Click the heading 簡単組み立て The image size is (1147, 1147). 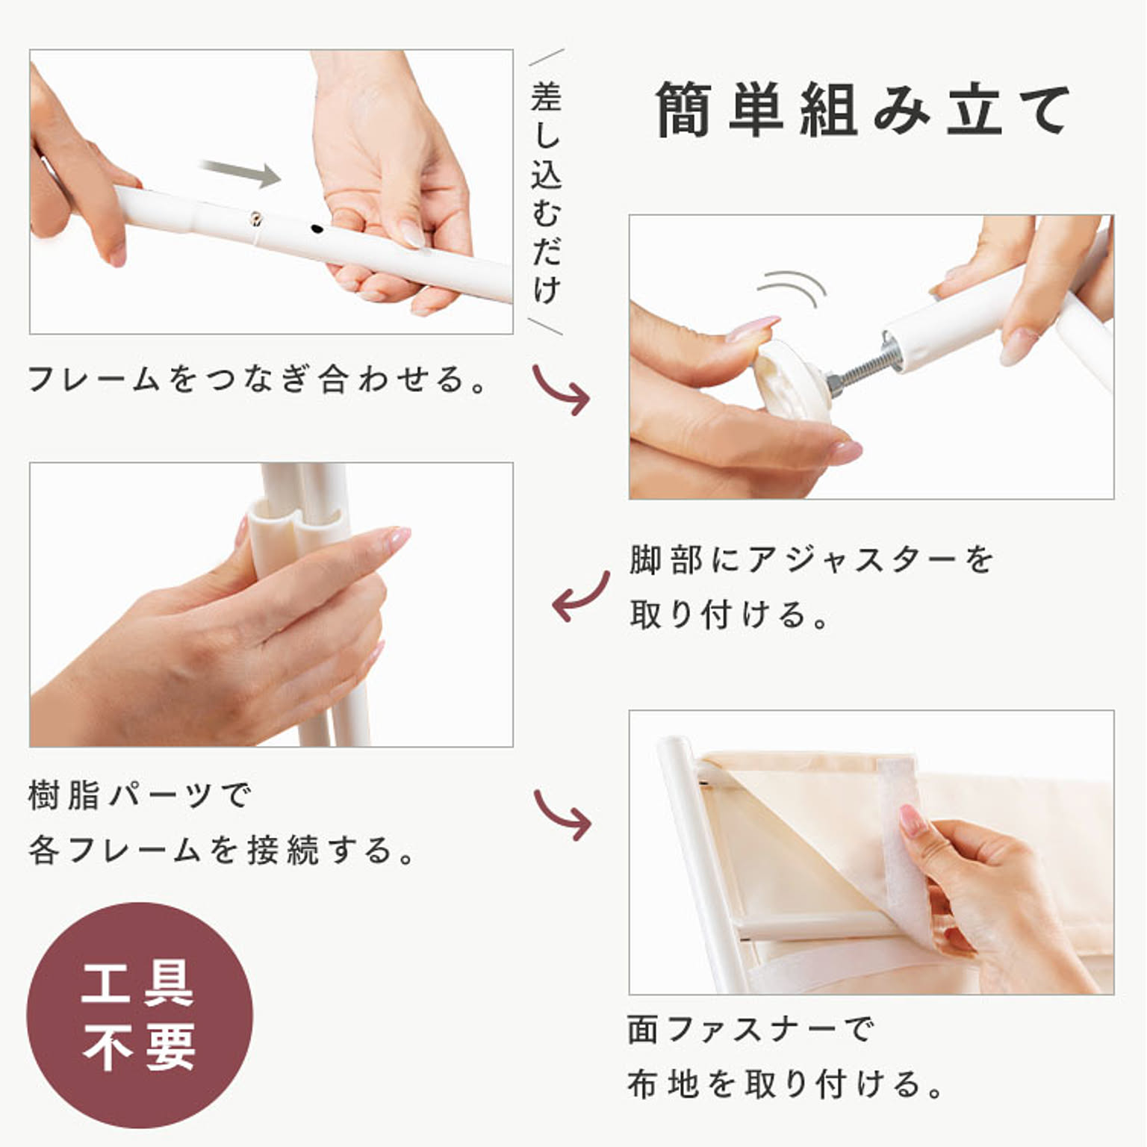pos(862,111)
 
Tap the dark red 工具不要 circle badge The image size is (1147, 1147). pos(140,1016)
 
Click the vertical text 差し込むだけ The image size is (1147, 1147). pos(546,193)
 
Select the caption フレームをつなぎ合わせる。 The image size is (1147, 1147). pos(258,379)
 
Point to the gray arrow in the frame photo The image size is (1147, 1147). pos(241,174)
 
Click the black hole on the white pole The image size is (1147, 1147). pos(317,229)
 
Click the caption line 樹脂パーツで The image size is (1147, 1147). pos(140,795)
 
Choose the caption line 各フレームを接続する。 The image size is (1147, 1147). pos(222,850)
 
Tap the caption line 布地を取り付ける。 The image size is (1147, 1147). pos(786,1084)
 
